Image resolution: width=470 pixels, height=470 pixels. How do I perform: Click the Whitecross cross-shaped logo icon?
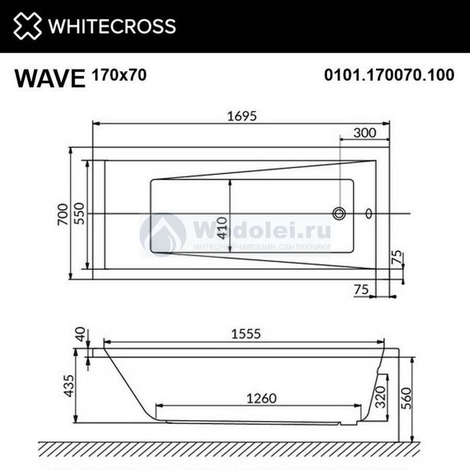[28, 26]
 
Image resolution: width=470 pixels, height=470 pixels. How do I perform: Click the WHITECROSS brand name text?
[112, 26]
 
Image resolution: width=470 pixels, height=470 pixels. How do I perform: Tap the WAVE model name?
[50, 78]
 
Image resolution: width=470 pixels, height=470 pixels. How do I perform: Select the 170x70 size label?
[120, 75]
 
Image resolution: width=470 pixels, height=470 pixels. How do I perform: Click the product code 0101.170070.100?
[389, 75]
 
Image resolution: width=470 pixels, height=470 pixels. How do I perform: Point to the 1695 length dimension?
[242, 116]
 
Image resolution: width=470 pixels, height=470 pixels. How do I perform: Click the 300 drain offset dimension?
[365, 133]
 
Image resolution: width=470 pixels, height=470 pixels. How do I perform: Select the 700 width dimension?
[63, 214]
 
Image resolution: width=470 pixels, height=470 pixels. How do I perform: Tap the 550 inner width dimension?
[79, 214]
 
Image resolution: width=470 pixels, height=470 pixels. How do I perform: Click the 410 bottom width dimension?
[222, 228]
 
